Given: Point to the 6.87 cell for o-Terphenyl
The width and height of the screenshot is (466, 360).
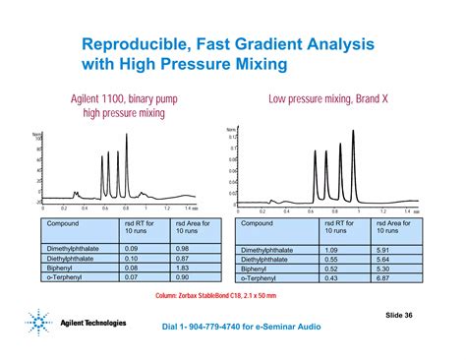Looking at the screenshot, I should click(x=379, y=276).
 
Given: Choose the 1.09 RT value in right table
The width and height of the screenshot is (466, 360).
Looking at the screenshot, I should click(x=331, y=248).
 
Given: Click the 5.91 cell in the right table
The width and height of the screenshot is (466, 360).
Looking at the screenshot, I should click(x=379, y=248).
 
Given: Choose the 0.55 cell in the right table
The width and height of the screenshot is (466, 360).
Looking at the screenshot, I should click(x=331, y=258).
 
